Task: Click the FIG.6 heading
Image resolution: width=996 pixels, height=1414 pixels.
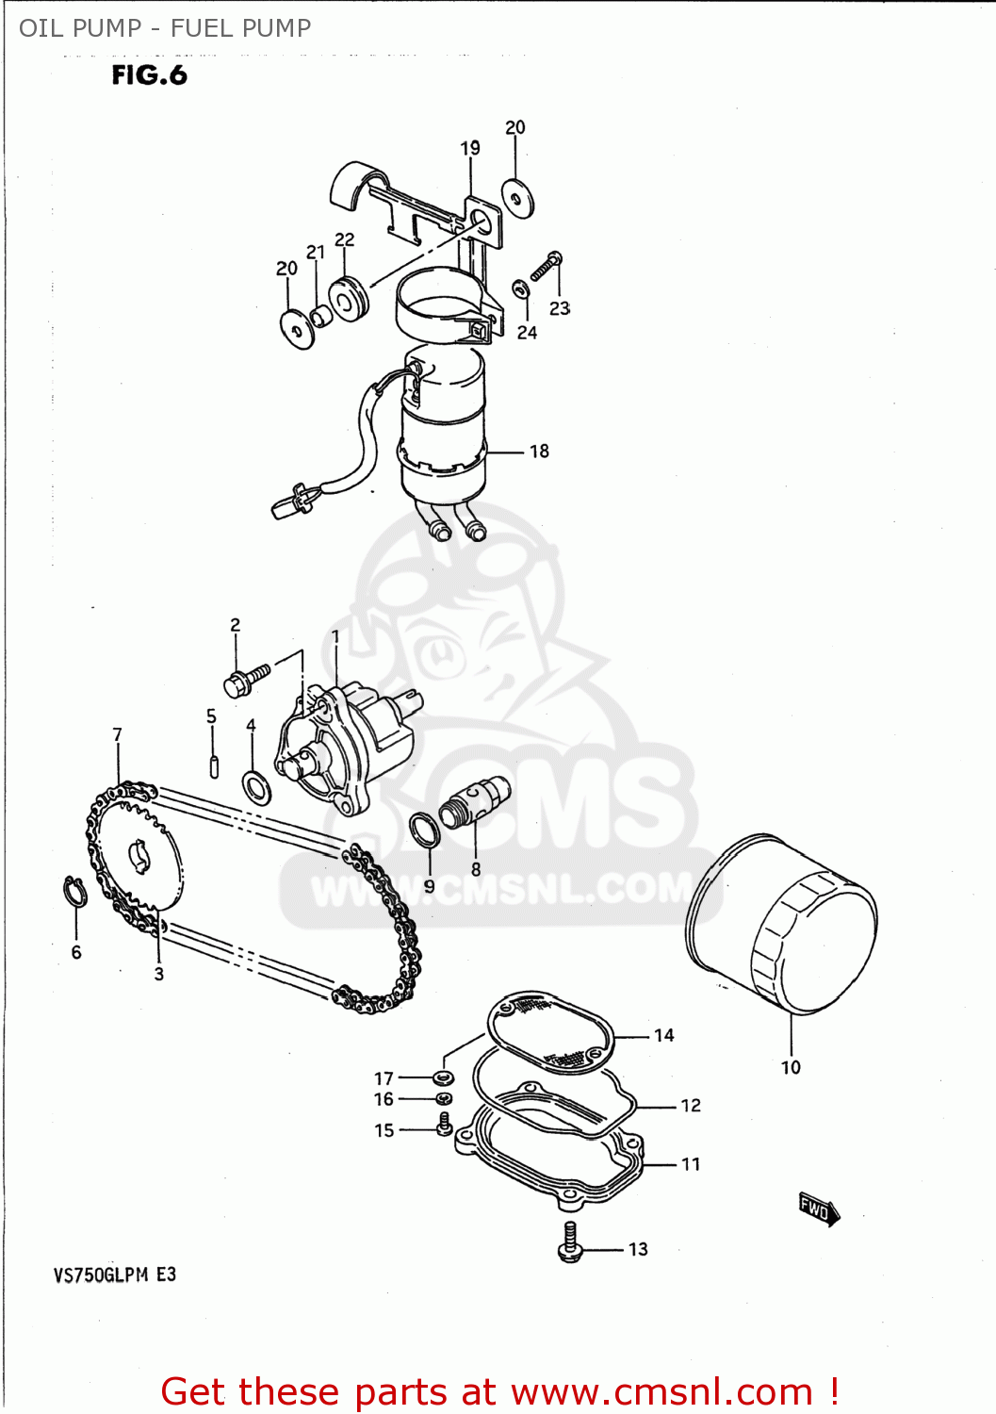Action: [149, 75]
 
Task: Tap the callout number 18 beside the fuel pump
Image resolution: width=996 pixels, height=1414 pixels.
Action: [539, 452]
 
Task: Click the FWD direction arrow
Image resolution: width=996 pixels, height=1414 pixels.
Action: [818, 1208]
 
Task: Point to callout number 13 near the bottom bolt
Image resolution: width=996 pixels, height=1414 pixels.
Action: [638, 1249]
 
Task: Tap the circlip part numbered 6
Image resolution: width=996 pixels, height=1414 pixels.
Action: [75, 891]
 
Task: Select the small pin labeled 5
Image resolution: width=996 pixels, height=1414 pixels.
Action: [214, 765]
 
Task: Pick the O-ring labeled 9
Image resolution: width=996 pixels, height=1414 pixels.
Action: [424, 830]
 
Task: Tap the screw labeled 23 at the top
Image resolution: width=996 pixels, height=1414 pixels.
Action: [546, 267]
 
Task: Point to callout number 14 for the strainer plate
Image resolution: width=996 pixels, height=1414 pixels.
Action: [664, 1035]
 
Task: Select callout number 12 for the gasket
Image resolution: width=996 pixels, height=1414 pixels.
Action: [691, 1105]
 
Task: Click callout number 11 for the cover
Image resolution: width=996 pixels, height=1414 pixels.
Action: [691, 1164]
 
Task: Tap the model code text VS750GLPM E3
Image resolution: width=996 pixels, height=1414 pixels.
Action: [114, 1275]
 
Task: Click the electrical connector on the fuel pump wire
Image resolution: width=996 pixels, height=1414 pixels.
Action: [290, 502]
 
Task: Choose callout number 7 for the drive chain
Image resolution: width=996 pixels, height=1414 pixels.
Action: [117, 734]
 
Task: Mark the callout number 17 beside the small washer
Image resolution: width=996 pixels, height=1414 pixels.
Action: [384, 1078]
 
